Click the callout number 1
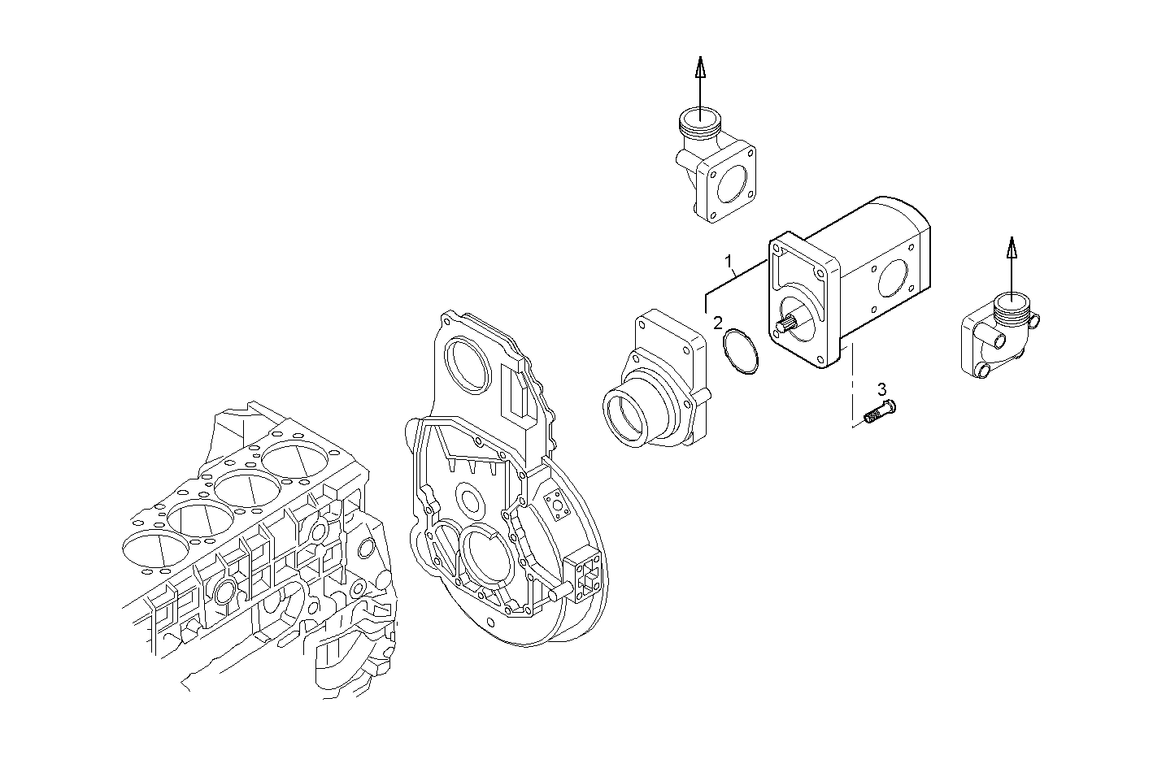(730, 262)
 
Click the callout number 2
(718, 323)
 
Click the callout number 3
(881, 388)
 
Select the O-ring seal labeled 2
(742, 352)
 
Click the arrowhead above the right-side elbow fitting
(1011, 247)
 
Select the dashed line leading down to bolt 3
(851, 382)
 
